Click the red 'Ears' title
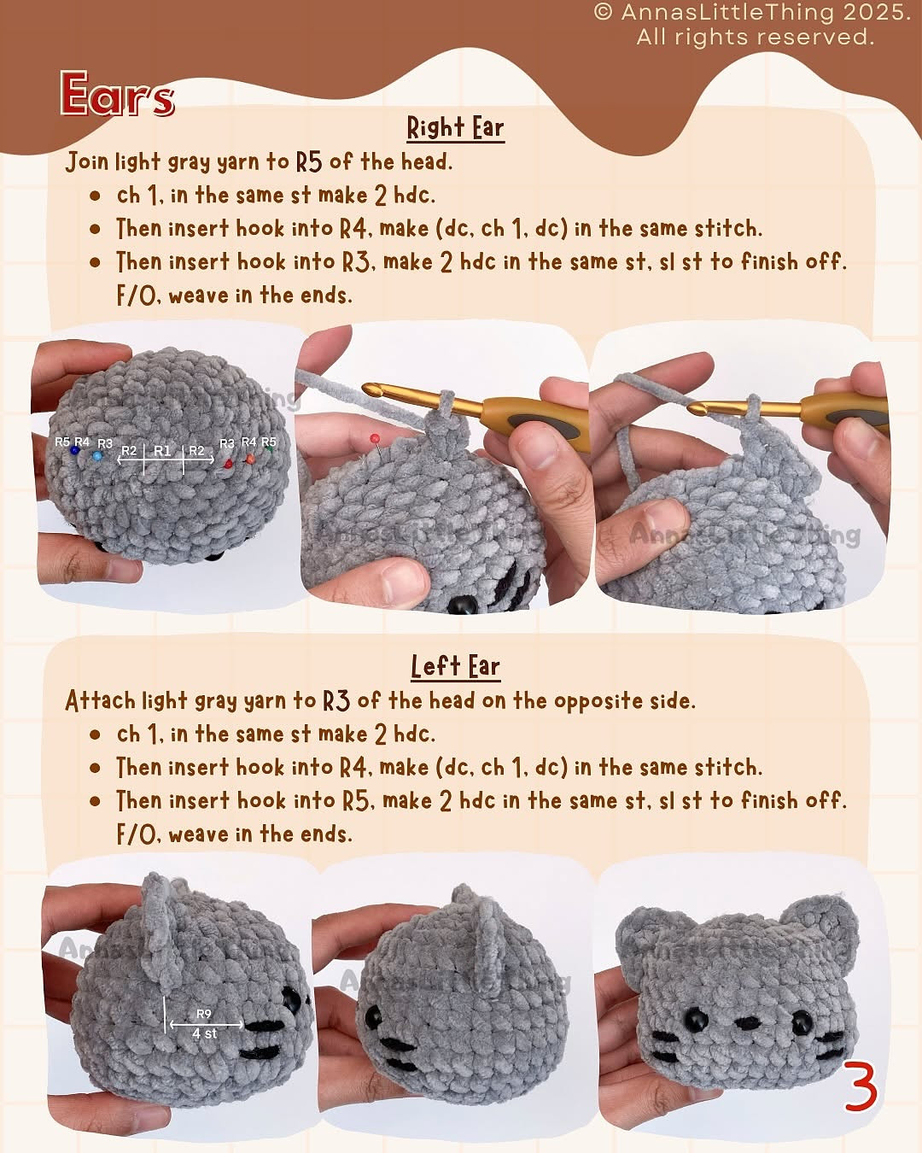tap(117, 95)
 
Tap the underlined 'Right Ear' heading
tap(455, 128)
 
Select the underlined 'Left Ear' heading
tap(455, 666)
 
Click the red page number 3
tap(861, 1086)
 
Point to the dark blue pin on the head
tap(75, 451)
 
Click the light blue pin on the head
tap(97, 456)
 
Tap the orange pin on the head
tap(250, 459)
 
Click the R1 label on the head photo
tap(162, 450)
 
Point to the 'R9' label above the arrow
tap(203, 1014)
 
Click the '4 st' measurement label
tap(204, 1033)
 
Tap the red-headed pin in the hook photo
tap(374, 439)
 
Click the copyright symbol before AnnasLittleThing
tap(604, 12)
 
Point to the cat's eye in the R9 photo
tap(291, 998)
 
